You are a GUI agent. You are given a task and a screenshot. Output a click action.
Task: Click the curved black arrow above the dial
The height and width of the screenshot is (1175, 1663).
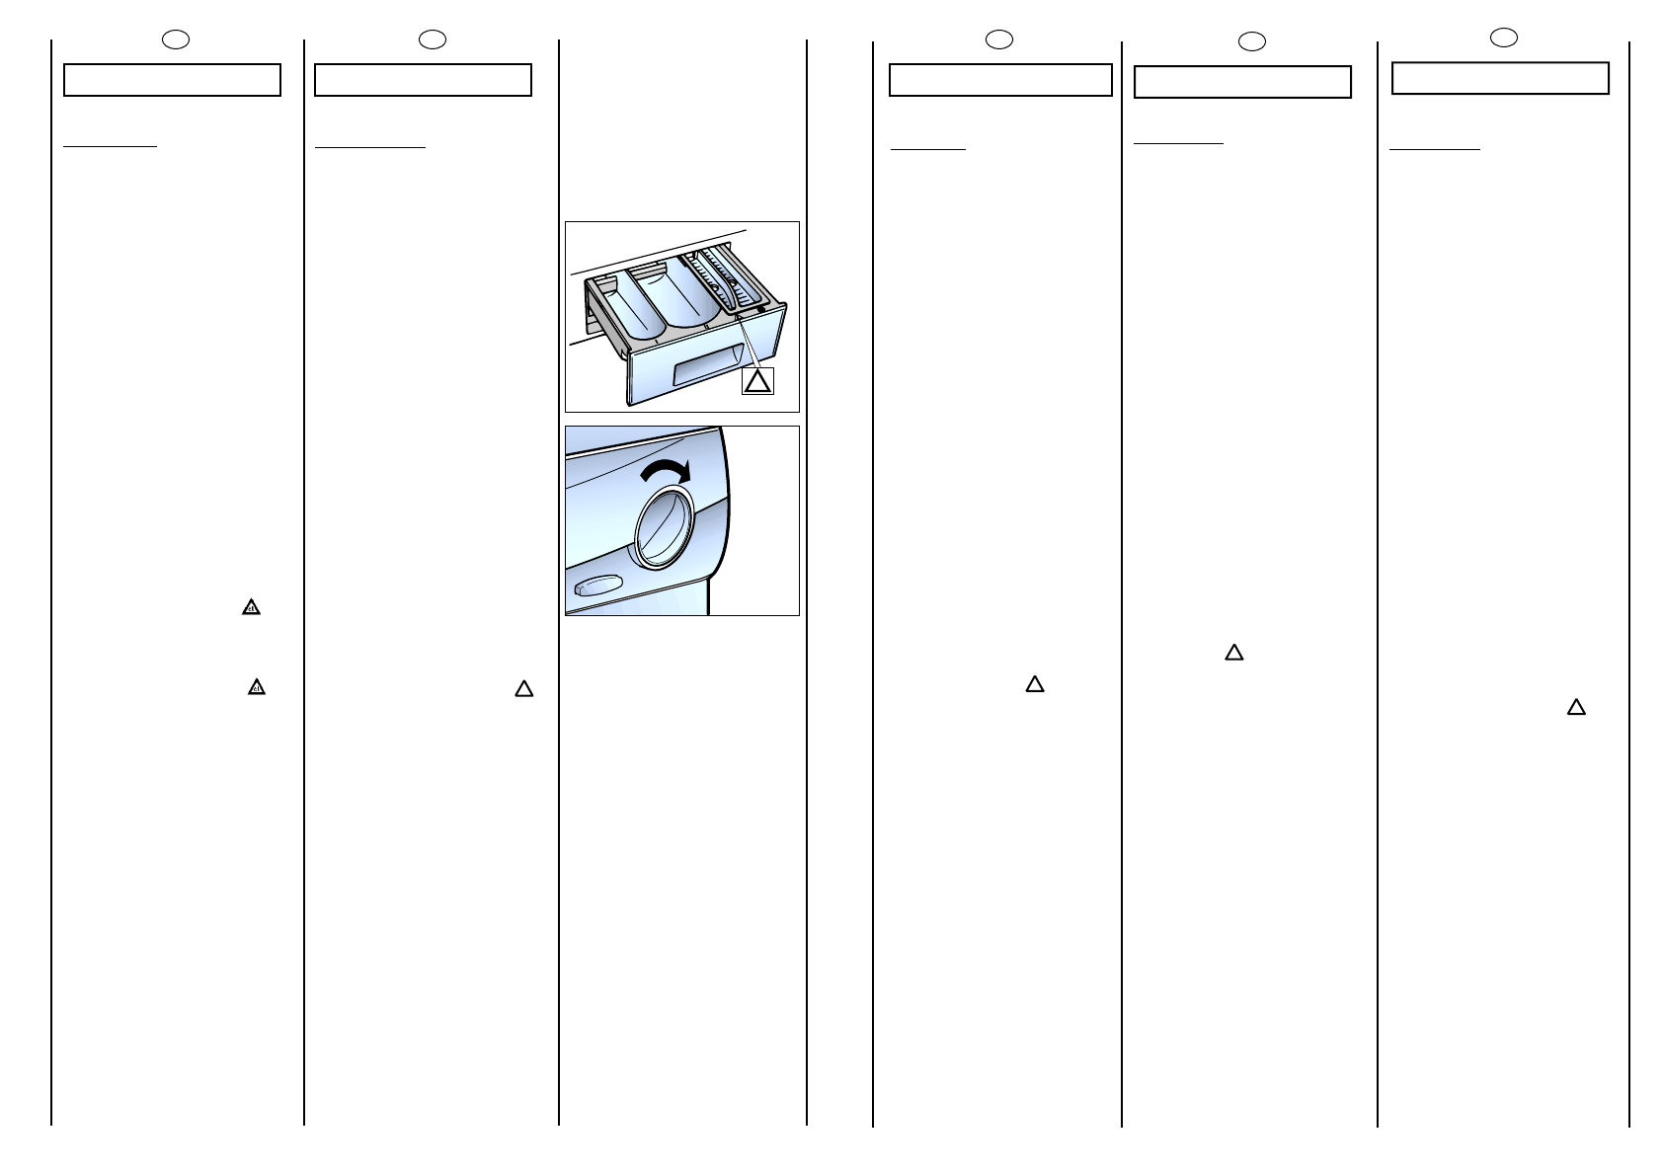[664, 471]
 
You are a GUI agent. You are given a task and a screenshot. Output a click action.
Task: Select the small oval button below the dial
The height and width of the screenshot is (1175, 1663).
[594, 588]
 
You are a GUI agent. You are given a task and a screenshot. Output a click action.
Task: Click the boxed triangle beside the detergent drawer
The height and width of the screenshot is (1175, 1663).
[757, 381]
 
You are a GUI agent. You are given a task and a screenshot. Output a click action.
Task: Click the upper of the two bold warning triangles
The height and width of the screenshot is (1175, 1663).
[251, 608]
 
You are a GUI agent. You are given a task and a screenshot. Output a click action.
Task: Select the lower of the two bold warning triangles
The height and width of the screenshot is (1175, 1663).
[257, 687]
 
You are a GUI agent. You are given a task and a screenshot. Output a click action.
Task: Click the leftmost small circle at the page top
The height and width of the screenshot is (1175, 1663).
[175, 39]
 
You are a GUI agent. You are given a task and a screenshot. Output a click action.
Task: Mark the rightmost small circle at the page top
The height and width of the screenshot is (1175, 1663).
[1503, 38]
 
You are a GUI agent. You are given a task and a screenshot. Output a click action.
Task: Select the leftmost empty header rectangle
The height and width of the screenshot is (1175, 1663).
[172, 80]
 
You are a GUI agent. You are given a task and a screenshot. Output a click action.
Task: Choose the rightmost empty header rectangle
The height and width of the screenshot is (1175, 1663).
[1500, 78]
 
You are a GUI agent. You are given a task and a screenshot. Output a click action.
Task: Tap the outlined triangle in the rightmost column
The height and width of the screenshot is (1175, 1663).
[1576, 707]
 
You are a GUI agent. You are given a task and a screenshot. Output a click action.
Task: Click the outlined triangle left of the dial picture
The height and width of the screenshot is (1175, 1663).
[523, 689]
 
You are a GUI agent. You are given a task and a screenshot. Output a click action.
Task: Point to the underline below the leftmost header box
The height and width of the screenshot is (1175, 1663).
[110, 146]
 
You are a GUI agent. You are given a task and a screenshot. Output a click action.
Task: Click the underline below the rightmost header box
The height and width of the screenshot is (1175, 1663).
[1434, 149]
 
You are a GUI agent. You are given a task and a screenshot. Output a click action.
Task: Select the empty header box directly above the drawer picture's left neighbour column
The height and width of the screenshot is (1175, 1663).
[423, 80]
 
